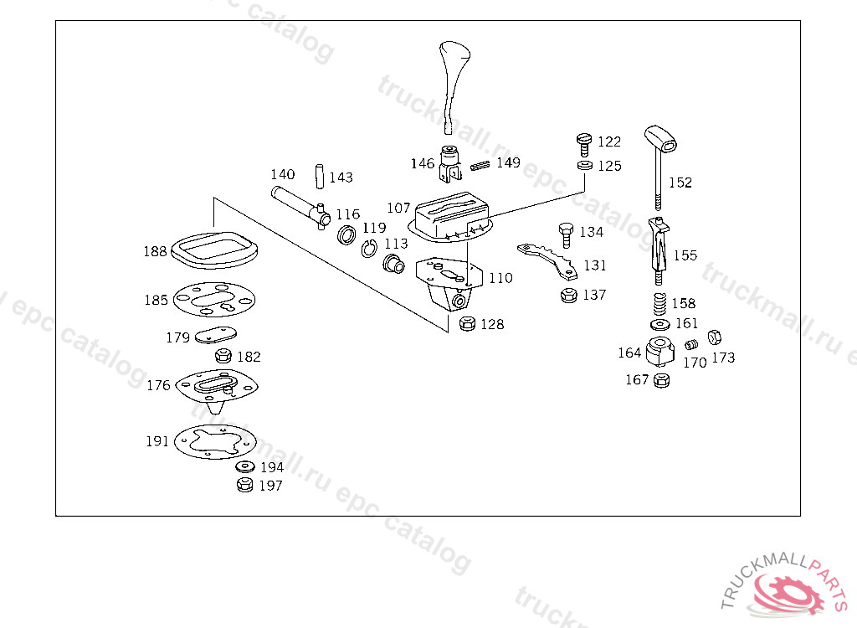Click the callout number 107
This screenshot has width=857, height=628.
coord(398,208)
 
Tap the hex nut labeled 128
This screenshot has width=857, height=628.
coord(467,324)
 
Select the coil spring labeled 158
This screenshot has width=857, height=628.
coord(660,304)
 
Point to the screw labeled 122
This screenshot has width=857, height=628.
coord(584,145)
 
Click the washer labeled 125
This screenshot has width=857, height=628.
coord(585,165)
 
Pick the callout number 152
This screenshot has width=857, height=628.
coord(680,183)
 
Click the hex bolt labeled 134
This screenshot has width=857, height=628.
coord(567,234)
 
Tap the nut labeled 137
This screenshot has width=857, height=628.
coord(569,296)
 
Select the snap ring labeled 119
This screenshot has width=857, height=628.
coord(369,249)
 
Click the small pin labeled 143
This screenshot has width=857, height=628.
coord(320,176)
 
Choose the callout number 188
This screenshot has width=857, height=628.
coord(155,251)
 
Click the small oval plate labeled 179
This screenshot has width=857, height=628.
coord(215,335)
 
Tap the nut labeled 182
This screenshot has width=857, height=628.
coord(223,356)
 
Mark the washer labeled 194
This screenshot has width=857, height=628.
coord(245,466)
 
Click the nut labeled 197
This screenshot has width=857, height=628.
coord(245,485)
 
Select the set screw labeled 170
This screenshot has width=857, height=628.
coord(691,345)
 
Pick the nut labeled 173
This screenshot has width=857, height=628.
coord(715,337)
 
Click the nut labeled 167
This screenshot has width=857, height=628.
coord(661,380)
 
